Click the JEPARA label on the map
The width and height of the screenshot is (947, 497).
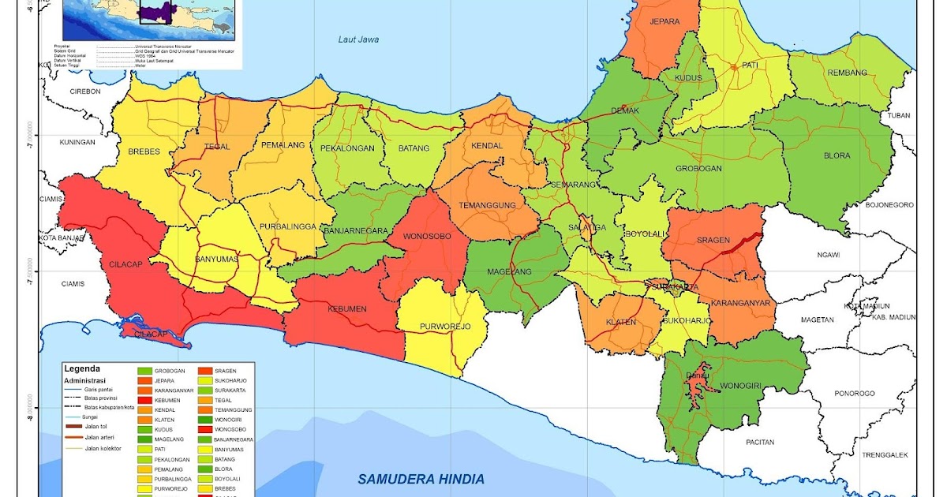664,22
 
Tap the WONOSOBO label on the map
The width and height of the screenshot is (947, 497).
427,236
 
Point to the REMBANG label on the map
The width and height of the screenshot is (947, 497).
847,73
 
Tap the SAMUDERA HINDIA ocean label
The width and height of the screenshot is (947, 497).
421,479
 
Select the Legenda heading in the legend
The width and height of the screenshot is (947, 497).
82,368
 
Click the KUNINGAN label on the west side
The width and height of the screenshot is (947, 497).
77,142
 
